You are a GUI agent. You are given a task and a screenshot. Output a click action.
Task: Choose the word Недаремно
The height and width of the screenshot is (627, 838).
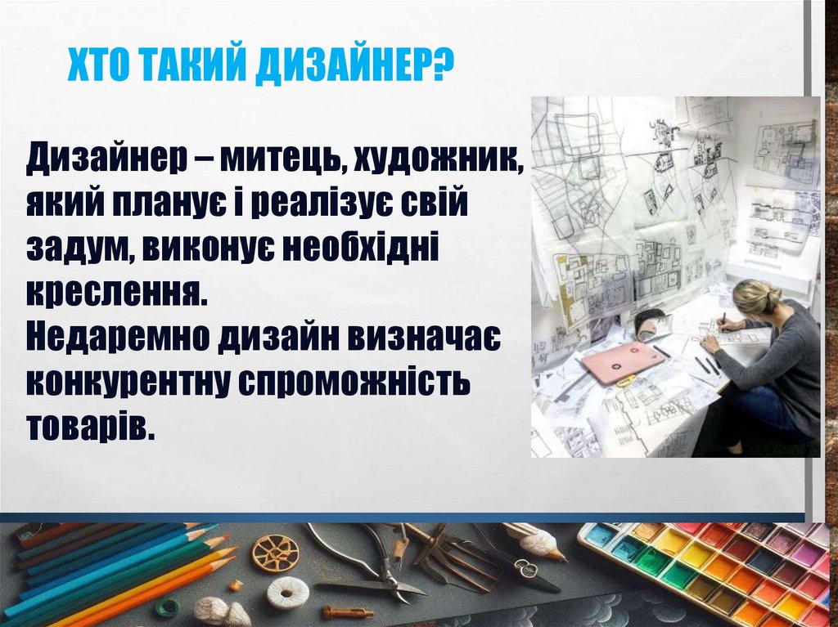tap(114, 337)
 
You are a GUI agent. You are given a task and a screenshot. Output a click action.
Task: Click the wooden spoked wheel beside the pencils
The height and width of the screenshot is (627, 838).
tap(275, 553)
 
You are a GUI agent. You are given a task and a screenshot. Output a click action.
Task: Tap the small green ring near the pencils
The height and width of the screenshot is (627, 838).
tap(168, 607)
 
